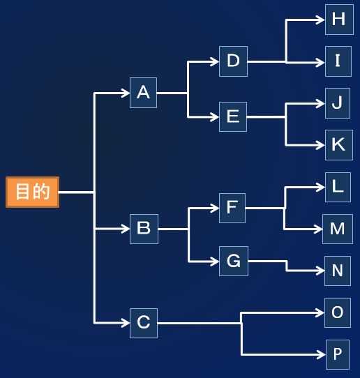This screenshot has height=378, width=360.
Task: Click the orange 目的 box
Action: (x=33, y=192)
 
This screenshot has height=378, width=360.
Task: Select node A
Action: (x=143, y=93)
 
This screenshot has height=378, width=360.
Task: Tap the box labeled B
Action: (x=144, y=229)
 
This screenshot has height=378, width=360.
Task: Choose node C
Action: (x=144, y=323)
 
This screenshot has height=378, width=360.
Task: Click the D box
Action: (x=234, y=61)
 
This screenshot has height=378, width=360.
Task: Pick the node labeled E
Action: (x=233, y=116)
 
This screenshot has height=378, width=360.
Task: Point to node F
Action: (x=232, y=208)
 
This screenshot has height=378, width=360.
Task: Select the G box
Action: (x=234, y=261)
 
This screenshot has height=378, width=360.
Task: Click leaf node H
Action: (x=339, y=20)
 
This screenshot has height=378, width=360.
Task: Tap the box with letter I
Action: (x=338, y=61)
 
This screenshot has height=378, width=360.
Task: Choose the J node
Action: (x=338, y=103)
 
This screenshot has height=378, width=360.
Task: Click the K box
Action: (x=339, y=145)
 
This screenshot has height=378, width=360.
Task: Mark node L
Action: (x=338, y=187)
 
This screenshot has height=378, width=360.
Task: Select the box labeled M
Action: (x=338, y=229)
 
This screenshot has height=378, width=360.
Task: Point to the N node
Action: (x=338, y=271)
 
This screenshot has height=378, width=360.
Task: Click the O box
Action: (x=338, y=312)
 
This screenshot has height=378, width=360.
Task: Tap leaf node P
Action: (x=338, y=354)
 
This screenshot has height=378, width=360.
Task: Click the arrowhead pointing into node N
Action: (x=320, y=271)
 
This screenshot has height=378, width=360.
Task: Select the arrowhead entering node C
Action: (x=126, y=323)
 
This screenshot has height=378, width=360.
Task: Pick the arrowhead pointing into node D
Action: (x=215, y=61)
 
